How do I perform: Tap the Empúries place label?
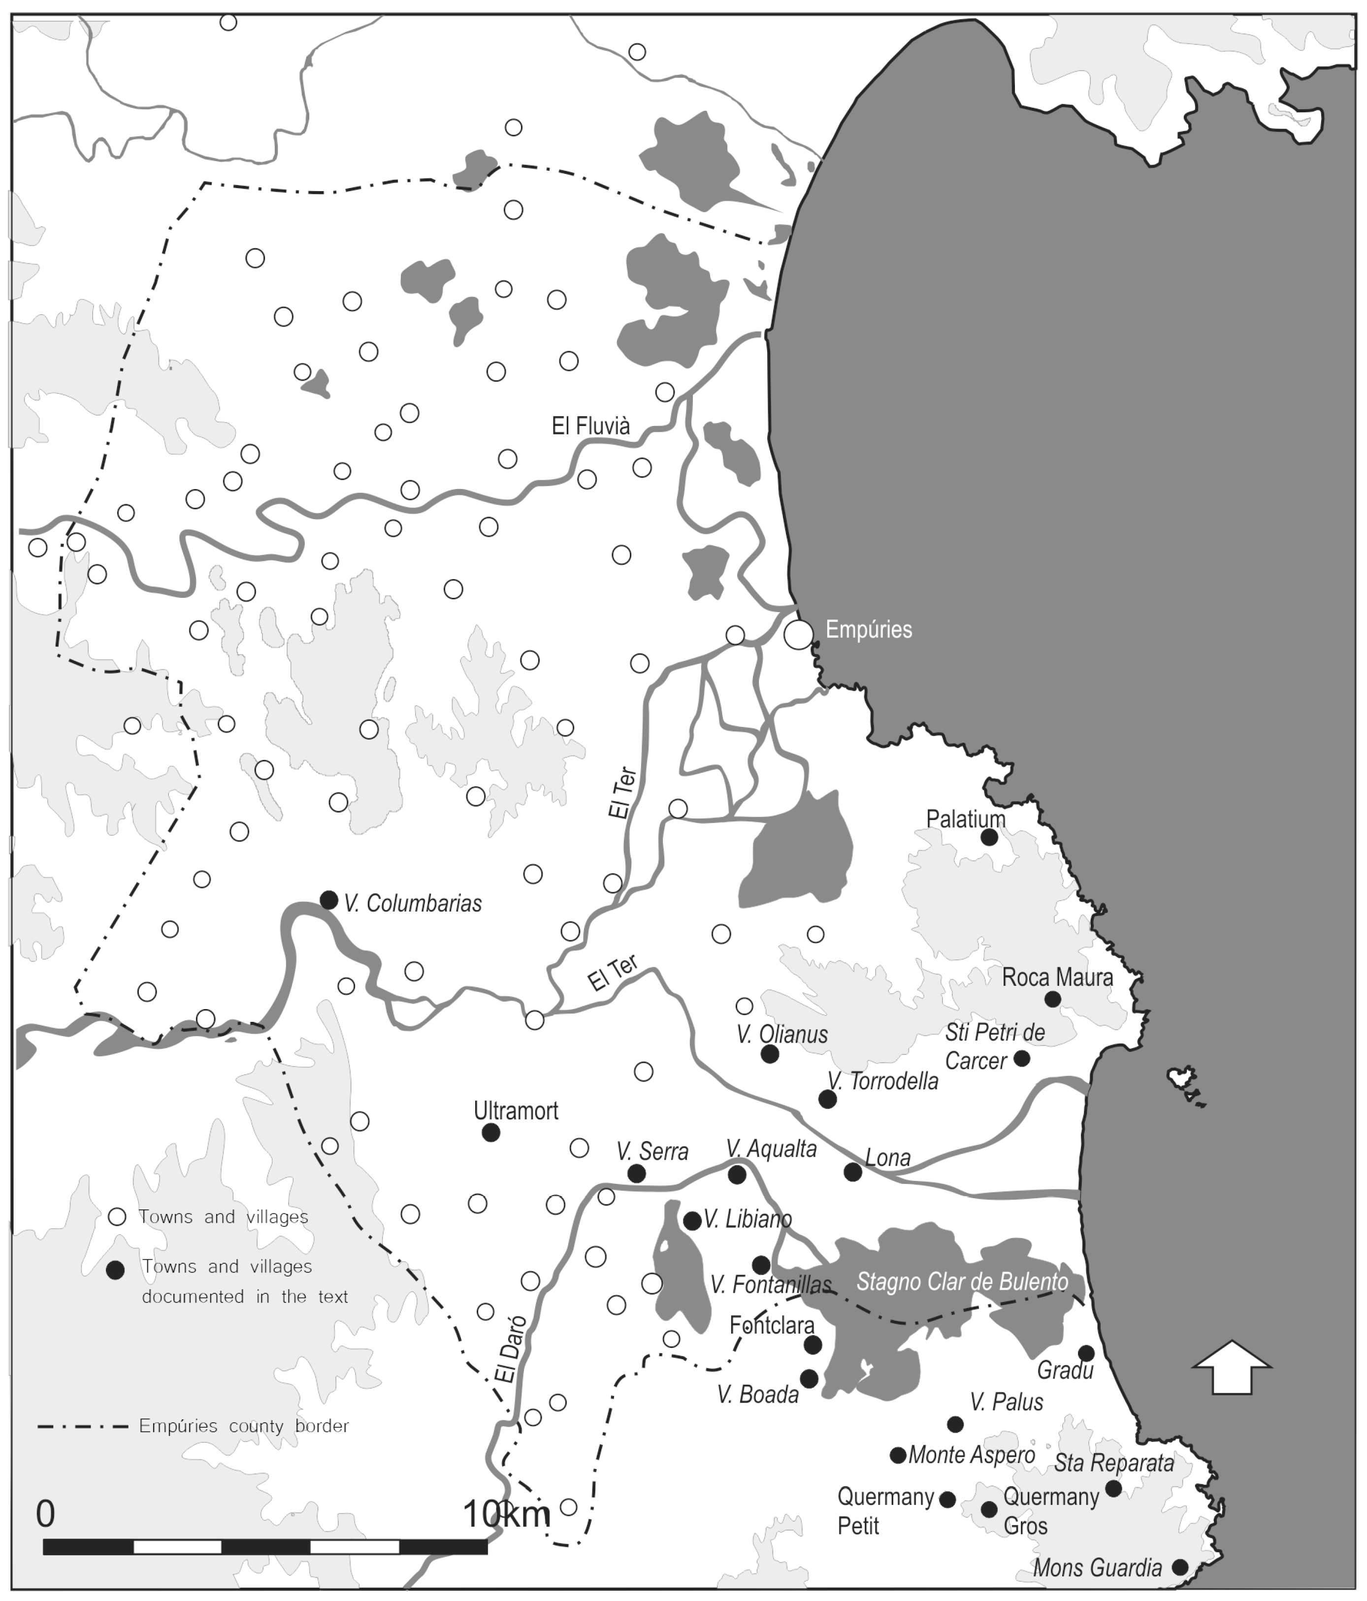pos(869,630)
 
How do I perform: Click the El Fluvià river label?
pos(590,426)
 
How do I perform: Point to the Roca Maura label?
pos(1057,978)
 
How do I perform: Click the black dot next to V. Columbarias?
pos(328,899)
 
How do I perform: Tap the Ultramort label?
pos(516,1111)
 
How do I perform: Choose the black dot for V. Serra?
pos(636,1174)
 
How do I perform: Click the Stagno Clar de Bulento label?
pos(962,1283)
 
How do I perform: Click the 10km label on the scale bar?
pos(506,1514)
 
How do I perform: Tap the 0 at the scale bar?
pos(46,1514)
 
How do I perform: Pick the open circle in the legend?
pos(117,1217)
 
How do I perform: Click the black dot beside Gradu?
pos(1086,1353)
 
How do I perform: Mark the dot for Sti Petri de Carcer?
pos(1022,1058)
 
